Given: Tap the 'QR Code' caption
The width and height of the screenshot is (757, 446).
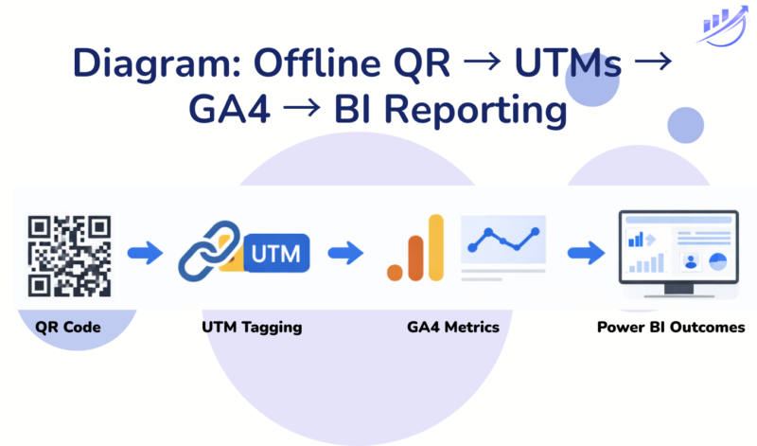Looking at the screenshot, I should [68, 328].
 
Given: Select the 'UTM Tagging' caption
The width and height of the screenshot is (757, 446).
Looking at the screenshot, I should [252, 328].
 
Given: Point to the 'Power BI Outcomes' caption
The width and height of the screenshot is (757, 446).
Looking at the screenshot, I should [670, 328].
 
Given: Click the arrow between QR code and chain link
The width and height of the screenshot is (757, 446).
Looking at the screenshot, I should [145, 253].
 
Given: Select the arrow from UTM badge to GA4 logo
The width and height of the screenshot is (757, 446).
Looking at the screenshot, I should [345, 253].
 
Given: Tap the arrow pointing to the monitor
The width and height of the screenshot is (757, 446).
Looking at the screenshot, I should [586, 253].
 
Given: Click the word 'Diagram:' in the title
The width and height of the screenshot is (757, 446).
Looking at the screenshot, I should [157, 64].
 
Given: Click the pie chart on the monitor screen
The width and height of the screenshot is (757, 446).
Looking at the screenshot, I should [716, 260].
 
